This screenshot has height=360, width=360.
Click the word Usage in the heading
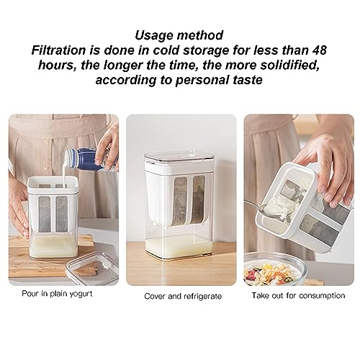(154, 35)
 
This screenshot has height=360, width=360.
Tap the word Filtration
(58, 50)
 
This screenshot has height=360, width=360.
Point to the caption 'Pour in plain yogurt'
(57, 294)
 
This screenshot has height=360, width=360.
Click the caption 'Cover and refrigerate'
(183, 297)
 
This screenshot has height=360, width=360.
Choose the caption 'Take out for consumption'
(298, 295)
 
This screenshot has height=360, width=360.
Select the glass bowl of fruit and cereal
(276, 269)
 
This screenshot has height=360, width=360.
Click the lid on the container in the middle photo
(179, 156)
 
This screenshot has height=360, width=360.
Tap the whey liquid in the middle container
(179, 247)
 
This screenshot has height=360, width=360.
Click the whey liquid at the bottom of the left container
(53, 246)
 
